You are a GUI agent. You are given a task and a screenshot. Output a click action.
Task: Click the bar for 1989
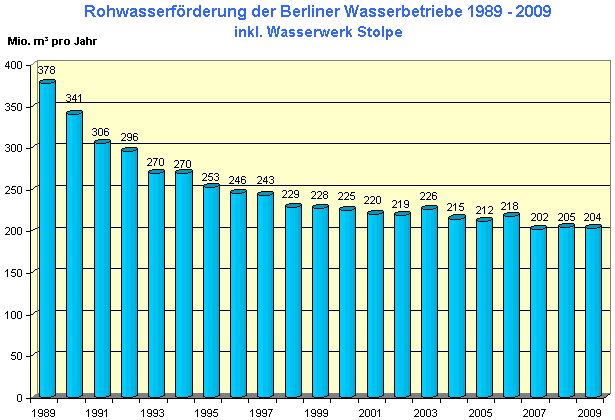tap(47, 240)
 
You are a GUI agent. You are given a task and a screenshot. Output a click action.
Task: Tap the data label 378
tap(47, 71)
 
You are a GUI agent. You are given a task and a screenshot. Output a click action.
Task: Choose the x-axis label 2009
tap(588, 411)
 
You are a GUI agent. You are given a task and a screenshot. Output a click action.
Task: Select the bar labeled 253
tap(211, 291)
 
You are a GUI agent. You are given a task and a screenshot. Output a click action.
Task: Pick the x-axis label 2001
tap(370, 411)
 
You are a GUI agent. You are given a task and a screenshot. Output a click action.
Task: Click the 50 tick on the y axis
tap(17, 355)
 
